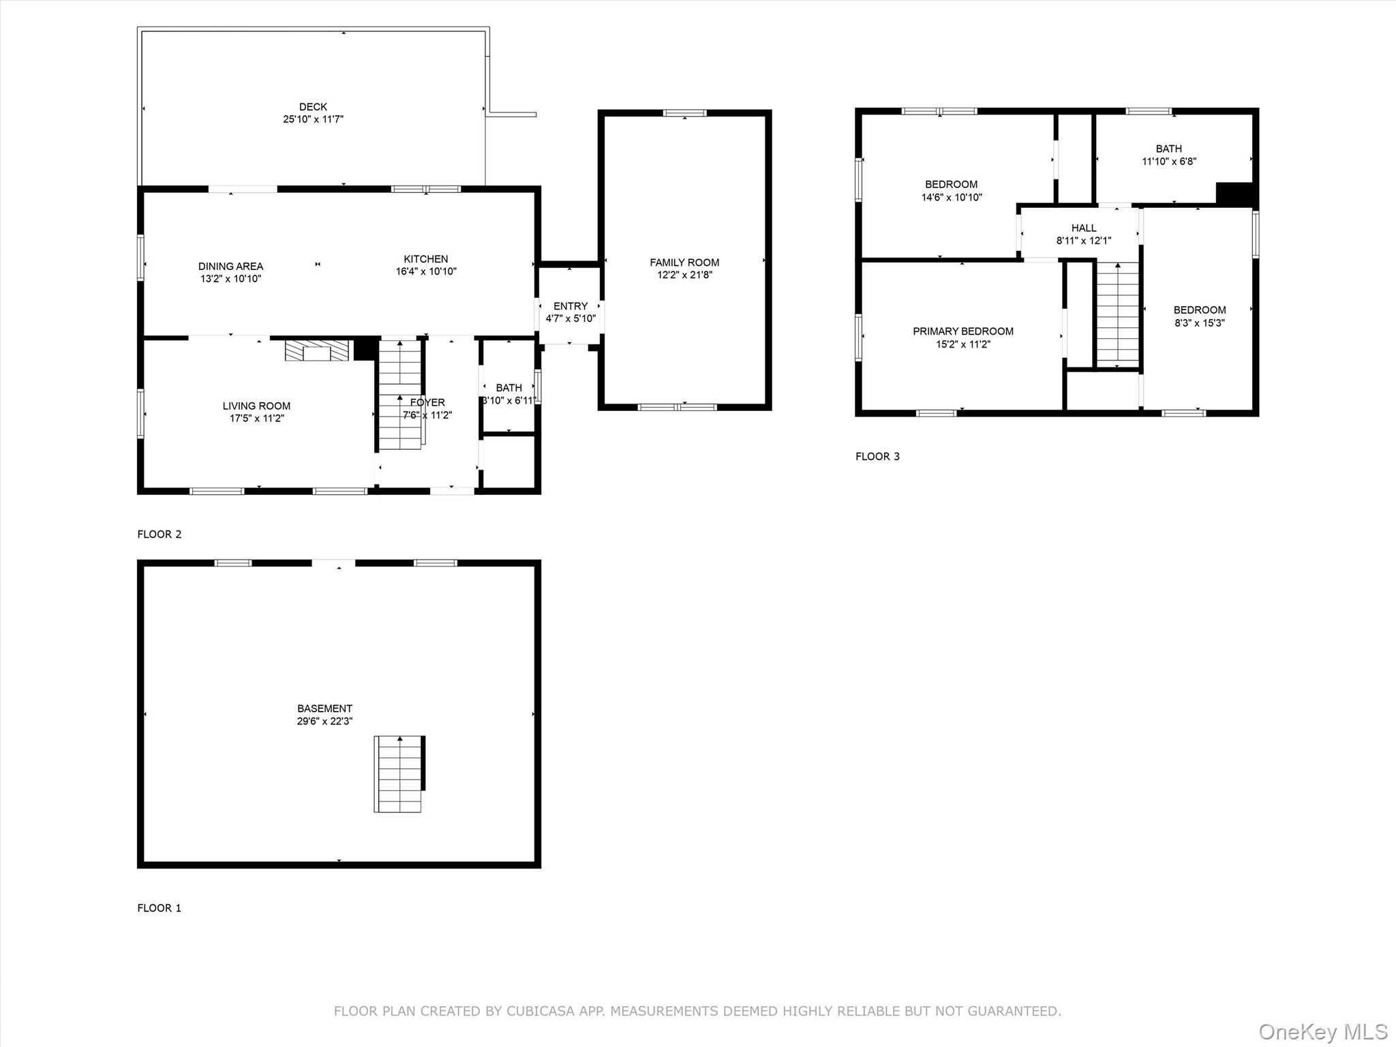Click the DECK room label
313,107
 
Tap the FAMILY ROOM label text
684,262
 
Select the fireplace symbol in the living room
317,350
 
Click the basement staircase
399,774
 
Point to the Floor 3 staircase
1117,313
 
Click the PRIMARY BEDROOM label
963,331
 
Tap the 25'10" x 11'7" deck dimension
313,119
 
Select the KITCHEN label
426,259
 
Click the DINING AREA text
230,267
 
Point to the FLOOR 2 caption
160,534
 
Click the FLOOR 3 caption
877,457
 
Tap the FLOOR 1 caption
160,908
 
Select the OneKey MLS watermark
1323,1031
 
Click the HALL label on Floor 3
1084,228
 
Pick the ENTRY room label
571,307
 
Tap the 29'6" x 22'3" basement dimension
324,721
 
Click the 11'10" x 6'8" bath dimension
1169,162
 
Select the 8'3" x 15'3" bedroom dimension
1200,323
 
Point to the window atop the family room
685,113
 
